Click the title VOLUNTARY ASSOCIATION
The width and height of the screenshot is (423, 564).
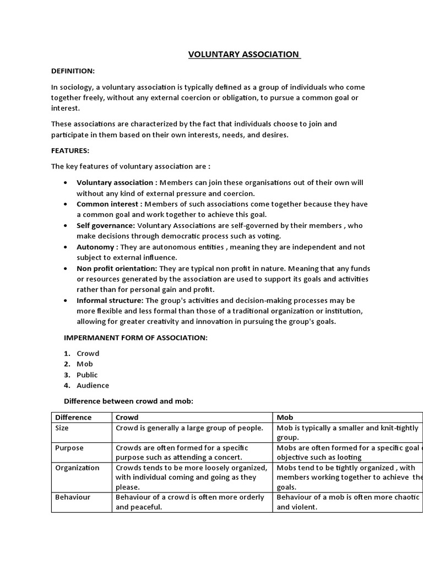[245, 55]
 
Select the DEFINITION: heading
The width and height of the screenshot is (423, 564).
[73, 71]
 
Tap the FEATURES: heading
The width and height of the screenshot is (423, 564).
[70, 150]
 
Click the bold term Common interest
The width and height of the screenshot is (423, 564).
[109, 204]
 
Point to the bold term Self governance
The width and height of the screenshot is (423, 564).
[106, 225]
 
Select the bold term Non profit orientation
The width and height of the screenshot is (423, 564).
[117, 268]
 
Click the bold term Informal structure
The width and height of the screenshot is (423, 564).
[110, 300]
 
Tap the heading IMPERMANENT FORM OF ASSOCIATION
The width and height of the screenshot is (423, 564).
[135, 338]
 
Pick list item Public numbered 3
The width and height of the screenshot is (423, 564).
[87, 375]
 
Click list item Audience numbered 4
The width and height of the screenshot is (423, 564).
[93, 386]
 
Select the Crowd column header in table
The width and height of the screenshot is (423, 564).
[127, 417]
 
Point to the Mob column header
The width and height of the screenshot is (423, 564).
[285, 417]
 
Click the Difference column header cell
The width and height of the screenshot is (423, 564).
[73, 417]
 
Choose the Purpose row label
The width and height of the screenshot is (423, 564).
[69, 448]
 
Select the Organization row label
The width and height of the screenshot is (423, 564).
[77, 468]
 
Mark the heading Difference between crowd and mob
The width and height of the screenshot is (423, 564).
[128, 401]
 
